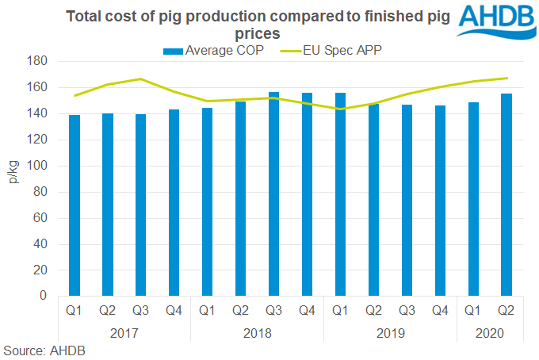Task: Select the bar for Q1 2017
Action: (75, 205)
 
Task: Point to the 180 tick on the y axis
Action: (40, 61)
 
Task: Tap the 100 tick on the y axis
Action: (40, 166)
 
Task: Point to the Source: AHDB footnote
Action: (44, 350)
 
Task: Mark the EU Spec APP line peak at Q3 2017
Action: (141, 79)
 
